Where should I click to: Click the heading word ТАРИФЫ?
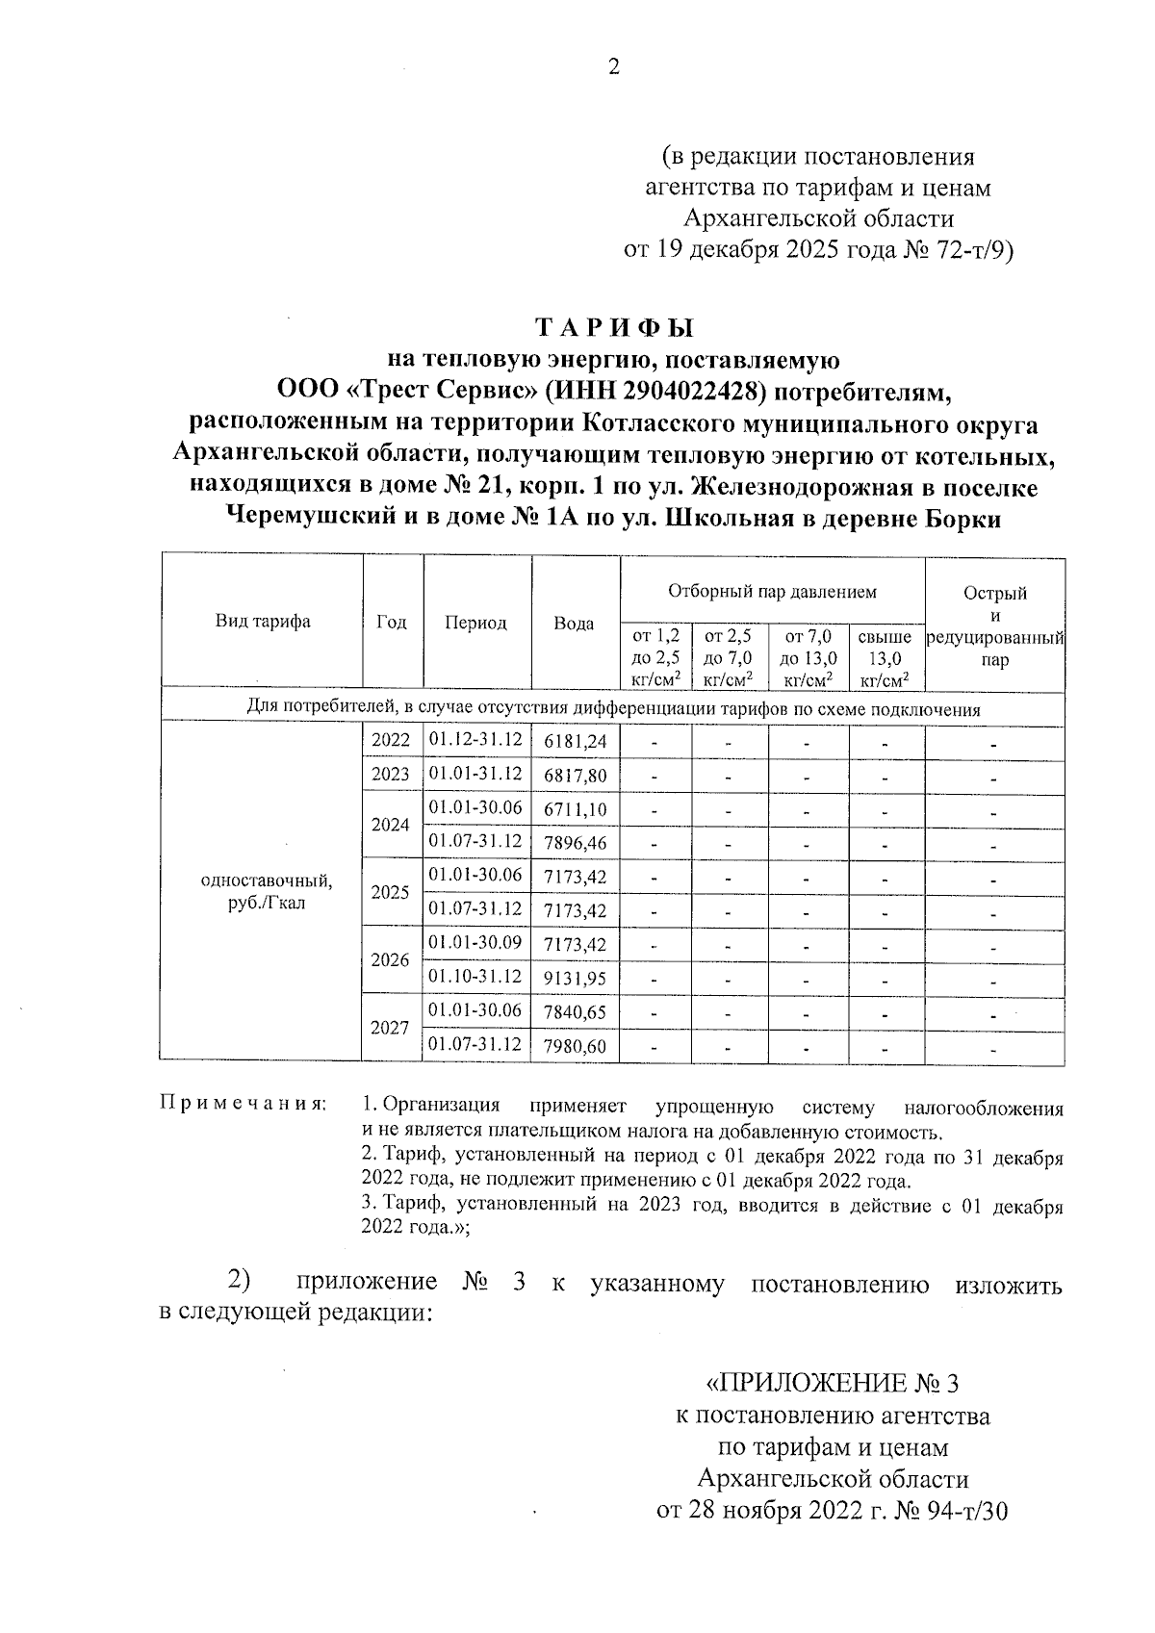coord(614,328)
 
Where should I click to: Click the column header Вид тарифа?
coord(262,621)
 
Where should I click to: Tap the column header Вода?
coord(574,623)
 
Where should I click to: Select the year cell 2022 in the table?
coord(391,741)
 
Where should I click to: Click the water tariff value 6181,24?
coord(575,741)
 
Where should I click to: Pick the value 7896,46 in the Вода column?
coord(575,843)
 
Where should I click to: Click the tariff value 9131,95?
coord(575,979)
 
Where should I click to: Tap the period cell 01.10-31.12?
coord(475,977)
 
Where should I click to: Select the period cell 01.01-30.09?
coord(475,942)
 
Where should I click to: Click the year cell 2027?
coord(391,1028)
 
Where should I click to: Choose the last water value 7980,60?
coord(575,1046)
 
